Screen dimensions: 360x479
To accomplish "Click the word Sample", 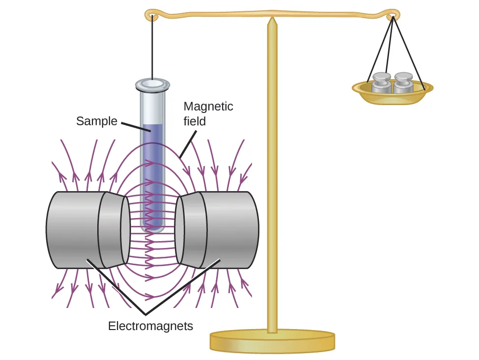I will (x=96, y=121).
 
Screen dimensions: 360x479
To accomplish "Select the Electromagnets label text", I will (x=150, y=325).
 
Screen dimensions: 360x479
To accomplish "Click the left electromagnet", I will (x=74, y=229).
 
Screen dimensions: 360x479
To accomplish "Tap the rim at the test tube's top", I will (x=153, y=85).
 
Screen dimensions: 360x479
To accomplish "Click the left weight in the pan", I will (x=381, y=83).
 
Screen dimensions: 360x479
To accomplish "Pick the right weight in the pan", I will (x=404, y=83).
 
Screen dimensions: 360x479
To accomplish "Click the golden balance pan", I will (x=393, y=95).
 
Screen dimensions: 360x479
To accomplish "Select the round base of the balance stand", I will (x=272, y=341).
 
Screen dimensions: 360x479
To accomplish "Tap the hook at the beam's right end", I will (x=392, y=14).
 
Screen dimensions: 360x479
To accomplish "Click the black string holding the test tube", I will (x=153, y=49).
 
